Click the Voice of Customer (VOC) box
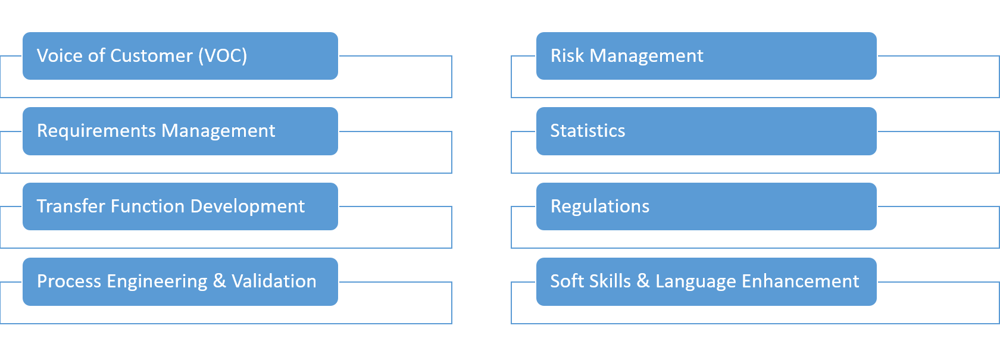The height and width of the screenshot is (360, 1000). coord(180,56)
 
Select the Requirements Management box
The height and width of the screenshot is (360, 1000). coord(180,131)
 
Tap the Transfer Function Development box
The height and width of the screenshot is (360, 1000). coord(180,206)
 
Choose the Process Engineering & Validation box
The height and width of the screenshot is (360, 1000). coord(180,281)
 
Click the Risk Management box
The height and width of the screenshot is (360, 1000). coord(706,56)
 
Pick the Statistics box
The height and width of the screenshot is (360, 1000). coord(706,131)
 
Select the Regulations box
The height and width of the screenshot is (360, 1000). coord(706,206)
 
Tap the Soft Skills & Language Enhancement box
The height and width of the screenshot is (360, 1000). coord(706,281)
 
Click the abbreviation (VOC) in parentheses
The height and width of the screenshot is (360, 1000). coord(223,56)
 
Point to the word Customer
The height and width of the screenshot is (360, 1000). coord(151,56)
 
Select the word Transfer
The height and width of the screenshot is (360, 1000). coord(71,206)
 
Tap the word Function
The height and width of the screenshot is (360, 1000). coord(148,206)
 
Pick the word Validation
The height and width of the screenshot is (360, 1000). coord(274,281)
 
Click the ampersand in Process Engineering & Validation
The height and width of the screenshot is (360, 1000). coord(219,281)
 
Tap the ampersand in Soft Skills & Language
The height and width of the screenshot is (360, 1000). coord(643,281)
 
